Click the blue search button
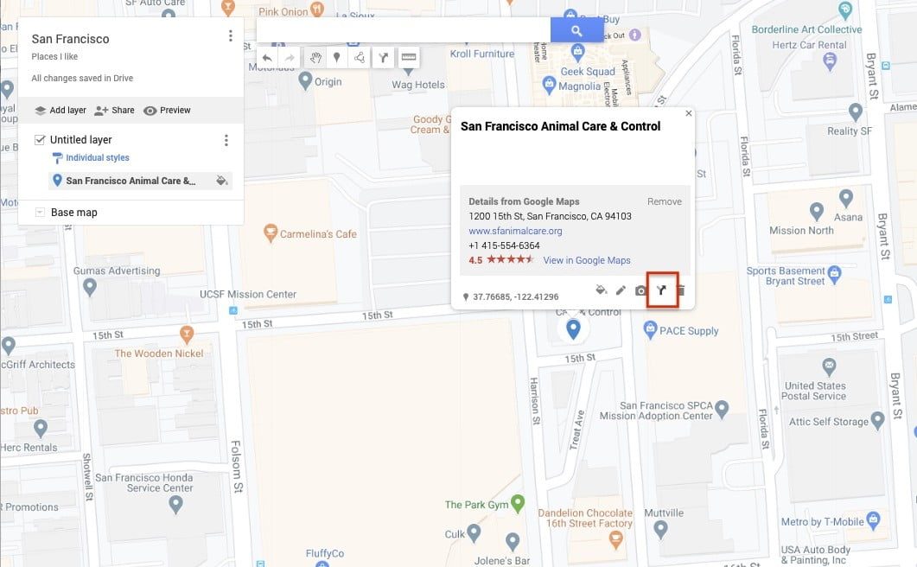coord(576,30)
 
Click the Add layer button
coord(60,111)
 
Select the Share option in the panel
coord(114,111)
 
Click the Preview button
coord(167,111)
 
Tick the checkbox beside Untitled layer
coord(40,140)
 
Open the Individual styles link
coord(98,158)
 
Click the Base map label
coord(73,213)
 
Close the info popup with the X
coord(689,113)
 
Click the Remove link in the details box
coord(664,201)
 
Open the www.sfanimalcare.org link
coord(515,231)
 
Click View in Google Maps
coord(587,260)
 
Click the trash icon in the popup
coord(681,291)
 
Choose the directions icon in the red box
coord(662,291)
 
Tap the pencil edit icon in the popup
coord(621,291)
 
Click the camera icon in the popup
coord(640,291)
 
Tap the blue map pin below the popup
coord(572,329)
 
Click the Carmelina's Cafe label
coord(322,234)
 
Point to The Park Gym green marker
coord(518,501)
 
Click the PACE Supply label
coord(690,330)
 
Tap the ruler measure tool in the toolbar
coord(409,58)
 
